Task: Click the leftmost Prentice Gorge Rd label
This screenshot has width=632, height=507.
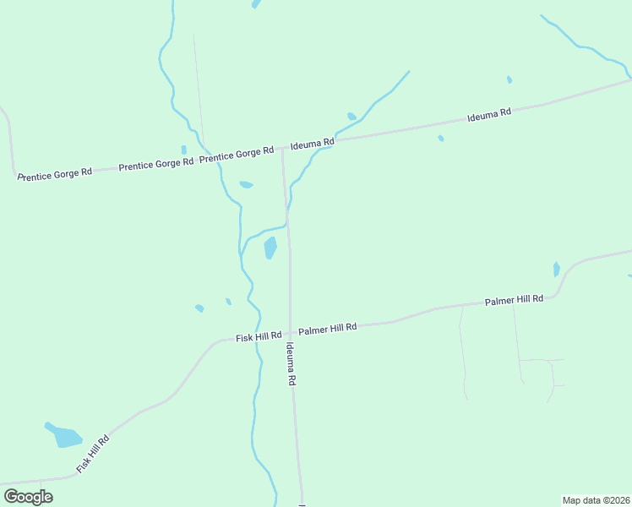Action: (54, 173)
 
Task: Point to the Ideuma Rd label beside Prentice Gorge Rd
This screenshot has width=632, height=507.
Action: (313, 145)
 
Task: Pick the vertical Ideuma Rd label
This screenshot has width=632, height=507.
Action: (291, 365)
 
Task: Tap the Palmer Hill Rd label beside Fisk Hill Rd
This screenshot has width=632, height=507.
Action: (328, 327)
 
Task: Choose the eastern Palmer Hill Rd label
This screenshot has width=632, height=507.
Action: (514, 301)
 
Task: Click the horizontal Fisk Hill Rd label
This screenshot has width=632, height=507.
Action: (259, 337)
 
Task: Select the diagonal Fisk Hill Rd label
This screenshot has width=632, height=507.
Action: (93, 454)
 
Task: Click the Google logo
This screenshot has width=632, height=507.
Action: (28, 497)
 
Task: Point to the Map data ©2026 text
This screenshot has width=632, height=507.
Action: (597, 500)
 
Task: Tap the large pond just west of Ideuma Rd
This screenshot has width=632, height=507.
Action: (270, 248)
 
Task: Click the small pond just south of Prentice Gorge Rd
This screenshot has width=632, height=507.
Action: (246, 184)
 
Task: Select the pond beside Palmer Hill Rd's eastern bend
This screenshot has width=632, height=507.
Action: (556, 270)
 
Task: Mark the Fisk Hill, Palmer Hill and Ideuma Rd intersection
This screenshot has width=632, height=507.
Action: (290, 332)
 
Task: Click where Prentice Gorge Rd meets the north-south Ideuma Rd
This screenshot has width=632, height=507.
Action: (282, 149)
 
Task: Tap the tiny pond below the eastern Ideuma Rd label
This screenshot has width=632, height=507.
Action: (441, 139)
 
